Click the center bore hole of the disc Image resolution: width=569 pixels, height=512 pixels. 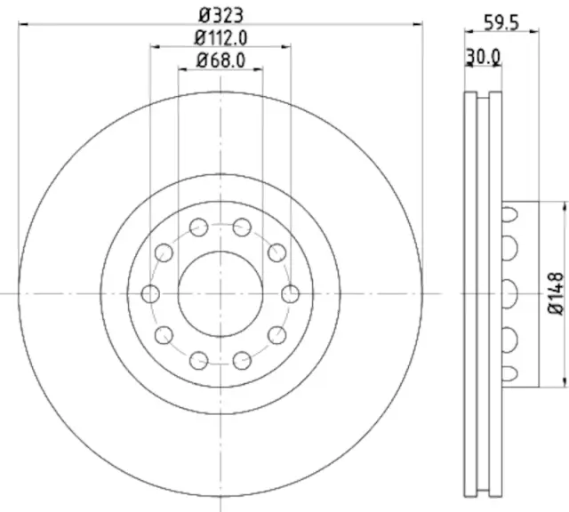point(220,293)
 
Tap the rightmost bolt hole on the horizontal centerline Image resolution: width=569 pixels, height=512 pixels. point(289,293)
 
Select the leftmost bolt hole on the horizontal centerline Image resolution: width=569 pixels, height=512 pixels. point(151,293)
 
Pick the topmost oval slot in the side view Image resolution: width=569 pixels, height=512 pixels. point(510,213)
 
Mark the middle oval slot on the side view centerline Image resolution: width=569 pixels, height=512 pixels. point(510,293)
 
